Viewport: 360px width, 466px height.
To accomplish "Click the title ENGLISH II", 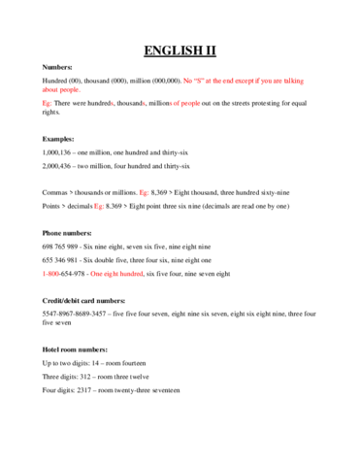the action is (x=180, y=50).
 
